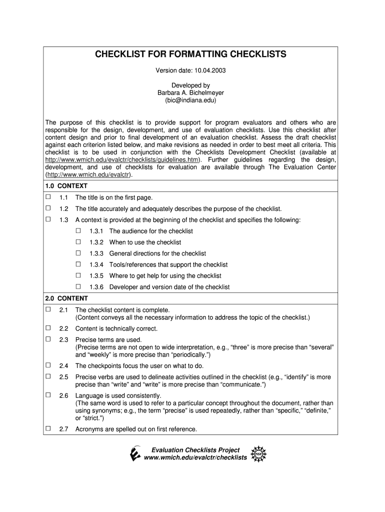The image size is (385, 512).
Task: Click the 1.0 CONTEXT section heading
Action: tap(66, 186)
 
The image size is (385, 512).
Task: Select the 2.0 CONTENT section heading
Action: tap(66, 298)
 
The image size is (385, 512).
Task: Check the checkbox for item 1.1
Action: tap(48, 197)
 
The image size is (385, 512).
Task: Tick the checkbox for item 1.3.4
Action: tap(78, 264)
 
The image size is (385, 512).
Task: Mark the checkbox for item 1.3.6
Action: tap(78, 286)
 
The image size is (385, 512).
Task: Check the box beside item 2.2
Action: tap(48, 328)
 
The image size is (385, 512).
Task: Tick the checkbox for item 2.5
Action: tap(48, 376)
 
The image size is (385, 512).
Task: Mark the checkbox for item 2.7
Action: tap(48, 428)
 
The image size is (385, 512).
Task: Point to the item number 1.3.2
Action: tap(96, 242)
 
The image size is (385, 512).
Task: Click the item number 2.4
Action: tap(63, 366)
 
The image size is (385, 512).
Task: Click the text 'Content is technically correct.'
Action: tap(116, 329)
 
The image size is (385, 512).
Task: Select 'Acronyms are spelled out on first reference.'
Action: tap(136, 429)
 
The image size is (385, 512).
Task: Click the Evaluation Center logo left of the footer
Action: tap(134, 453)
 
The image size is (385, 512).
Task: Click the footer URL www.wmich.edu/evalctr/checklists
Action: tap(195, 458)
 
